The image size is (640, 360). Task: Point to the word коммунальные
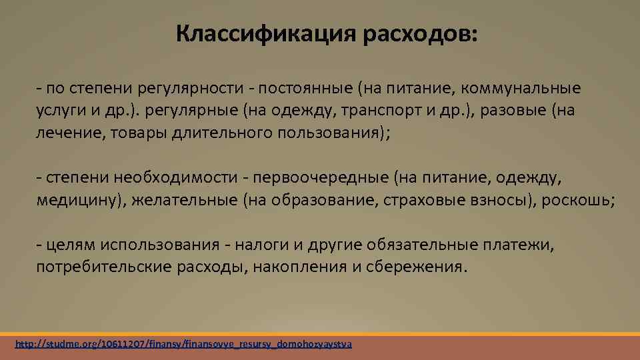[x=518, y=88]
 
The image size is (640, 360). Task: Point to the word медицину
[x=79, y=200]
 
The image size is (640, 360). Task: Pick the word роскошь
[x=577, y=200]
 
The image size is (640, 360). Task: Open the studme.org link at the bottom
[x=183, y=345]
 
